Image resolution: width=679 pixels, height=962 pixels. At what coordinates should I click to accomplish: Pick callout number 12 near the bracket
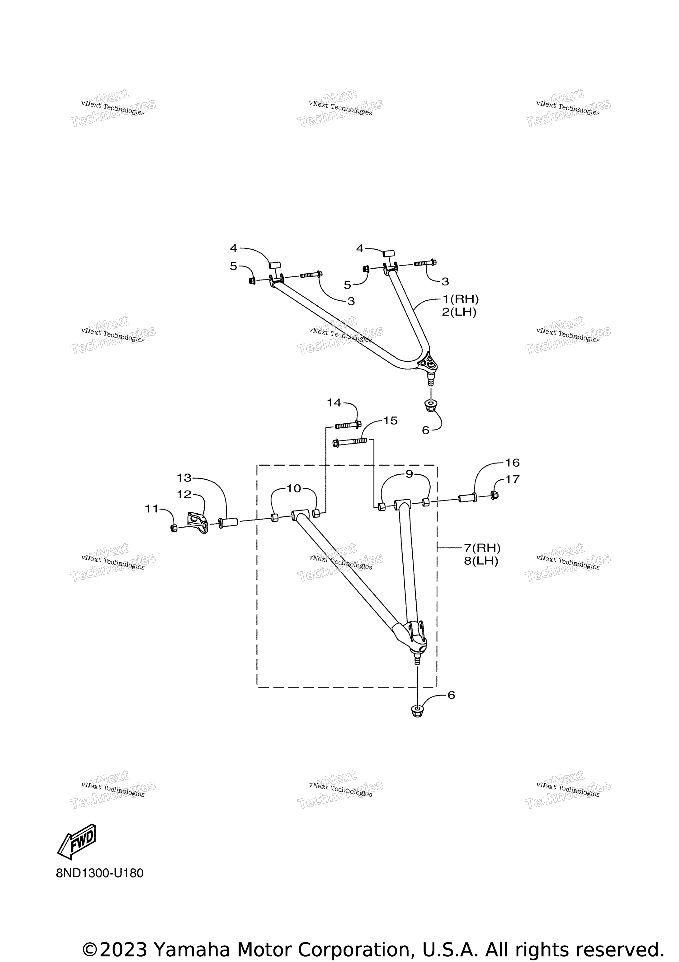184,494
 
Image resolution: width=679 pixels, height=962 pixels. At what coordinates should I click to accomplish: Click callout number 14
334,403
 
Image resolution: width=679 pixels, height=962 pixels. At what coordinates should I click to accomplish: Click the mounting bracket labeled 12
198,523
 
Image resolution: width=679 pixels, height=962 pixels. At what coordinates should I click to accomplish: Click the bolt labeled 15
350,442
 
